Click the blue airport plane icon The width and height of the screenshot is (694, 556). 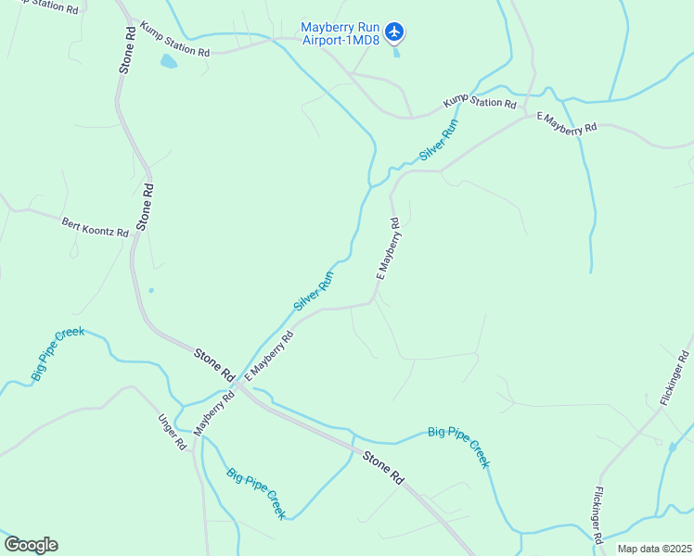pyautogui.click(x=395, y=32)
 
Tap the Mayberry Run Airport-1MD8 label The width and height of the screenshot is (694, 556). pyautogui.click(x=340, y=33)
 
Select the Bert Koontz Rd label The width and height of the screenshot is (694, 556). pyautogui.click(x=95, y=228)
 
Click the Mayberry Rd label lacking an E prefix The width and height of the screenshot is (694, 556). pyautogui.click(x=210, y=413)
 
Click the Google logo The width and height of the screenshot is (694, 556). pyautogui.click(x=31, y=545)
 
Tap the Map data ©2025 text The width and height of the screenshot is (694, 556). pyautogui.click(x=654, y=549)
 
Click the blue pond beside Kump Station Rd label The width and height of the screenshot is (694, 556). pyautogui.click(x=168, y=62)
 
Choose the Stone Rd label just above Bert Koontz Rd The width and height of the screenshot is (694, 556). pyautogui.click(x=145, y=206)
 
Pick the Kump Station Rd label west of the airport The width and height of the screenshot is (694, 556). pyautogui.click(x=175, y=41)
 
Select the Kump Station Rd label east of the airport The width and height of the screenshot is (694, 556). pyautogui.click(x=479, y=102)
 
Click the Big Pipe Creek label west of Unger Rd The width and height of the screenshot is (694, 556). pyautogui.click(x=58, y=353)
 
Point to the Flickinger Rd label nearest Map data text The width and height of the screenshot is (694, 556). pyautogui.click(x=599, y=514)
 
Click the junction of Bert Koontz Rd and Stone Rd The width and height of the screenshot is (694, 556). pyautogui.click(x=136, y=234)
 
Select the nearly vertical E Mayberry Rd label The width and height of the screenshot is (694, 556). pyautogui.click(x=388, y=248)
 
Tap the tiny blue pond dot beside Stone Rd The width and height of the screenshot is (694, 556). pyautogui.click(x=150, y=290)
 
